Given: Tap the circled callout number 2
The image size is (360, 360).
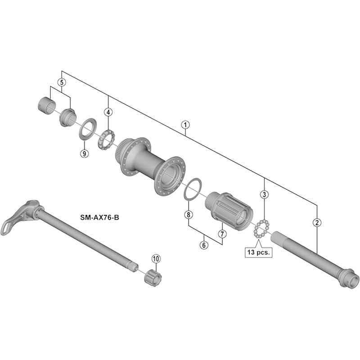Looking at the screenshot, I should click(317, 222).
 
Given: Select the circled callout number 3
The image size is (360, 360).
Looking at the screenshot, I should click(264, 194).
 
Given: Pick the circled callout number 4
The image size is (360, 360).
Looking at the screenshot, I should click(108, 112).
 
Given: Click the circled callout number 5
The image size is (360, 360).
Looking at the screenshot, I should click(62, 82).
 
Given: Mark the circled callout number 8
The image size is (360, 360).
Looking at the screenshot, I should click(188, 215).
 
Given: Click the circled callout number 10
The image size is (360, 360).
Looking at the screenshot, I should click(156, 258).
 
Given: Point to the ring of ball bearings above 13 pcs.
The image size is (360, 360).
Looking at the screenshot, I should click(261, 229).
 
